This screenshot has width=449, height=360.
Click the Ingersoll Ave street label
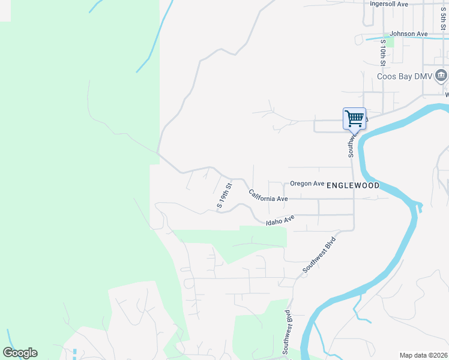pos(389,4)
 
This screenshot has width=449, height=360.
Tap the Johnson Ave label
pos(408,34)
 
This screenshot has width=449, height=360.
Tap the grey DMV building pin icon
pos(441,76)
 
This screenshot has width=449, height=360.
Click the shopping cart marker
pos(354,118)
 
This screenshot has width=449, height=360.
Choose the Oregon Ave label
pos(307,184)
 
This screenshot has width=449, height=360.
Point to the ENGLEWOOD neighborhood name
pos(353,186)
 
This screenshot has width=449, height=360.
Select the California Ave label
pos(268,196)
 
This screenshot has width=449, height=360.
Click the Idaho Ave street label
pos(280,221)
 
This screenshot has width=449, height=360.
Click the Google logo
pos(20,353)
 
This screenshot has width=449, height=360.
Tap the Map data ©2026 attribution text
pos(423,355)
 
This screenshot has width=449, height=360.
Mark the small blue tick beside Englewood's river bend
pos(420,208)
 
